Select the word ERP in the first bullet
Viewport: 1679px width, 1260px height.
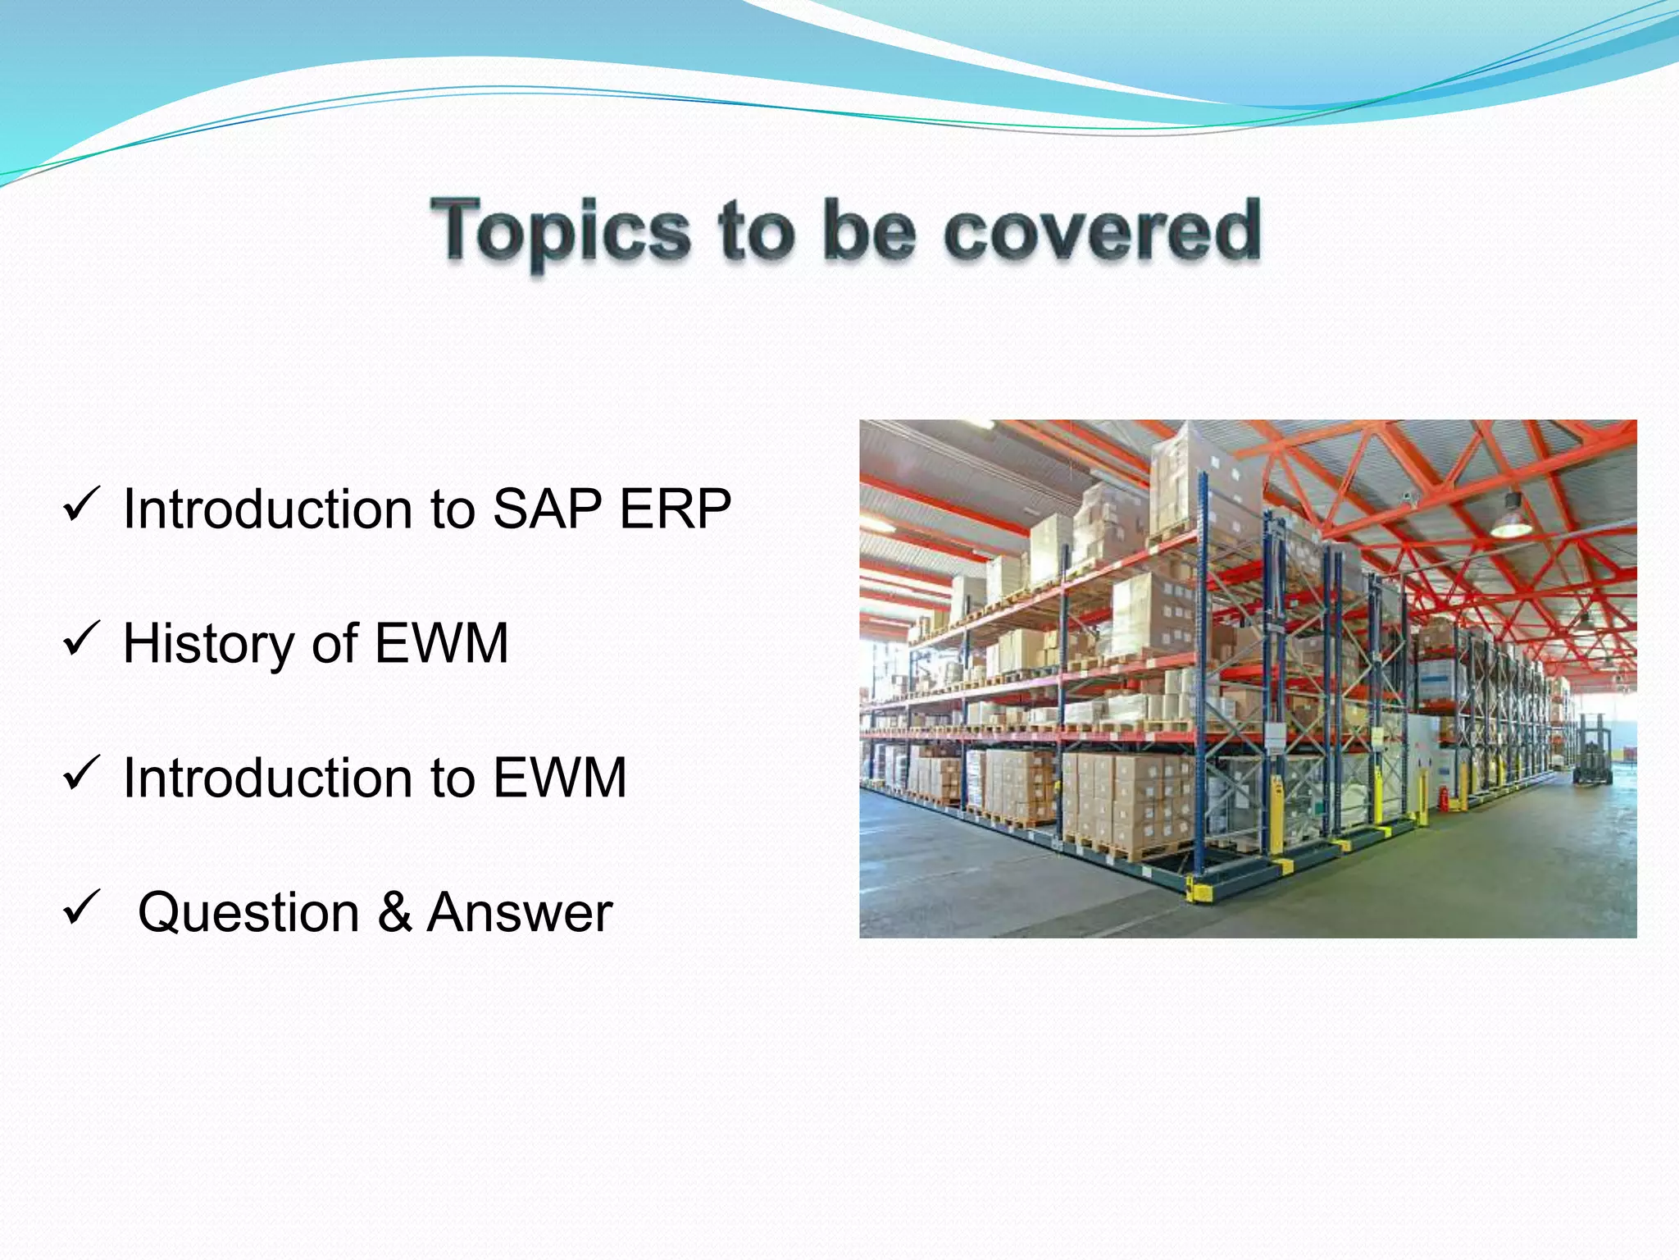pyautogui.click(x=675, y=509)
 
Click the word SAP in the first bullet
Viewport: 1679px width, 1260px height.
pyautogui.click(x=548, y=509)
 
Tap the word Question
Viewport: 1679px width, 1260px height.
pyautogui.click(x=248, y=912)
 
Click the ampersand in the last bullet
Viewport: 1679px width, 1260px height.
pyautogui.click(x=394, y=911)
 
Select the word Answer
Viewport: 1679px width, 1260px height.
pyautogui.click(x=519, y=912)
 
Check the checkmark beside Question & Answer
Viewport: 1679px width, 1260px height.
pyautogui.click(x=81, y=907)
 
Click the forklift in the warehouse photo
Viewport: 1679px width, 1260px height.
pyautogui.click(x=1591, y=750)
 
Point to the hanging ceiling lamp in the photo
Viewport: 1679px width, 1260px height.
pyautogui.click(x=1510, y=518)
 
